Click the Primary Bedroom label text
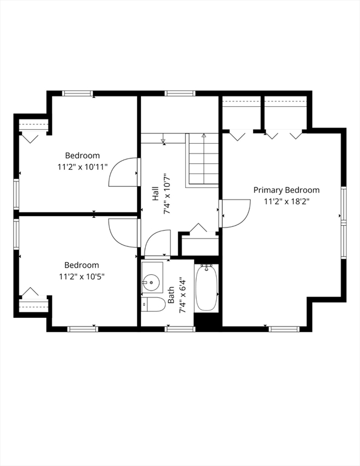(286, 190)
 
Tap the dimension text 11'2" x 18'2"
(286, 201)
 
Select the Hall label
(155, 194)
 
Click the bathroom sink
(152, 282)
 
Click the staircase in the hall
(203, 160)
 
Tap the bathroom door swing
(158, 243)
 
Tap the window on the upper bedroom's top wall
(78, 93)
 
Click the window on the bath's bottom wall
(180, 329)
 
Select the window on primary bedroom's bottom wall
(284, 329)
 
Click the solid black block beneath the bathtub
(206, 322)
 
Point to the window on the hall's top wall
(180, 93)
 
